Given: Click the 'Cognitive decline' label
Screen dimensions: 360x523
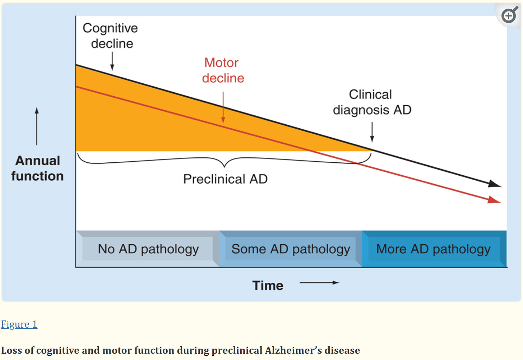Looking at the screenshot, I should [x=110, y=36].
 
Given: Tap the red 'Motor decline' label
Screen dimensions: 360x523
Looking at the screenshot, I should [x=223, y=70].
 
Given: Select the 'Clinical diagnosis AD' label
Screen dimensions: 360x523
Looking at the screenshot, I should [x=372, y=102].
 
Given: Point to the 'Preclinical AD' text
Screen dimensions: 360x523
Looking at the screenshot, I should [x=225, y=179].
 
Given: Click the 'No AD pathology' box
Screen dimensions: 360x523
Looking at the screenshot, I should [x=148, y=249].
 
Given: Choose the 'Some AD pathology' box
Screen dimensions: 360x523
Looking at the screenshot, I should [x=291, y=249].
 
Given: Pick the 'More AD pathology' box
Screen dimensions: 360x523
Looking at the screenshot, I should [x=433, y=249].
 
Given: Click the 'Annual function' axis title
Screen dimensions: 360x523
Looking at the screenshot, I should [x=37, y=168].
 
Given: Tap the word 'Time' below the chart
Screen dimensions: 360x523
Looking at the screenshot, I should [x=268, y=286].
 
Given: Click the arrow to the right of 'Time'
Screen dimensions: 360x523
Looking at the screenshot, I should [x=319, y=283].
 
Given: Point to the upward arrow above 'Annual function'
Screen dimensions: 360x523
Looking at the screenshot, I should [x=37, y=126].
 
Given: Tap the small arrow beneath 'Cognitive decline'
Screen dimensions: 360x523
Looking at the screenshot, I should [x=112, y=61].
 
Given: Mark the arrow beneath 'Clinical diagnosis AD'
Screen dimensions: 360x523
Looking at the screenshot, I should [x=372, y=132].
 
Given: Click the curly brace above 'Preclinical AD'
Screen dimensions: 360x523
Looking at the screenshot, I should [x=225, y=161].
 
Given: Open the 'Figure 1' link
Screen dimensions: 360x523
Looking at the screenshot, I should [x=19, y=324].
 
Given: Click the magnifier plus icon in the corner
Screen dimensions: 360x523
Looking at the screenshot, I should [x=509, y=16].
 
